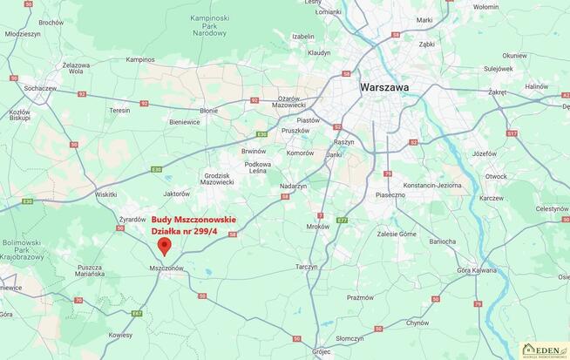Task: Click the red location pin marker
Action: (x=164, y=246)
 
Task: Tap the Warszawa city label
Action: (x=384, y=87)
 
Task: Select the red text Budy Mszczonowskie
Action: (x=193, y=220)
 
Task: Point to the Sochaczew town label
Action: (x=40, y=88)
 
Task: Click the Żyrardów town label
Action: (x=132, y=220)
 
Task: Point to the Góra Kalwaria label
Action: (x=476, y=270)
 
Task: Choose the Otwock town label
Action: (x=495, y=176)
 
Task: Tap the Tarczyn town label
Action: (x=306, y=267)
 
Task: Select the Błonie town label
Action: (x=209, y=111)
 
